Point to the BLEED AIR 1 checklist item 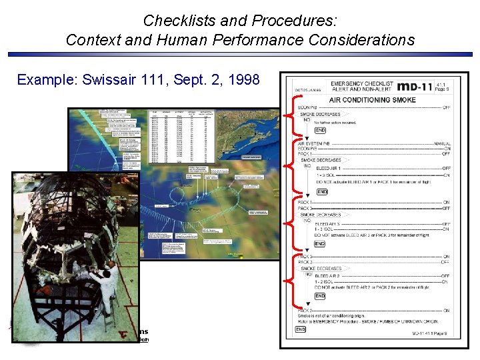coord(331,169)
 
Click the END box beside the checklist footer coord(301,329)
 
